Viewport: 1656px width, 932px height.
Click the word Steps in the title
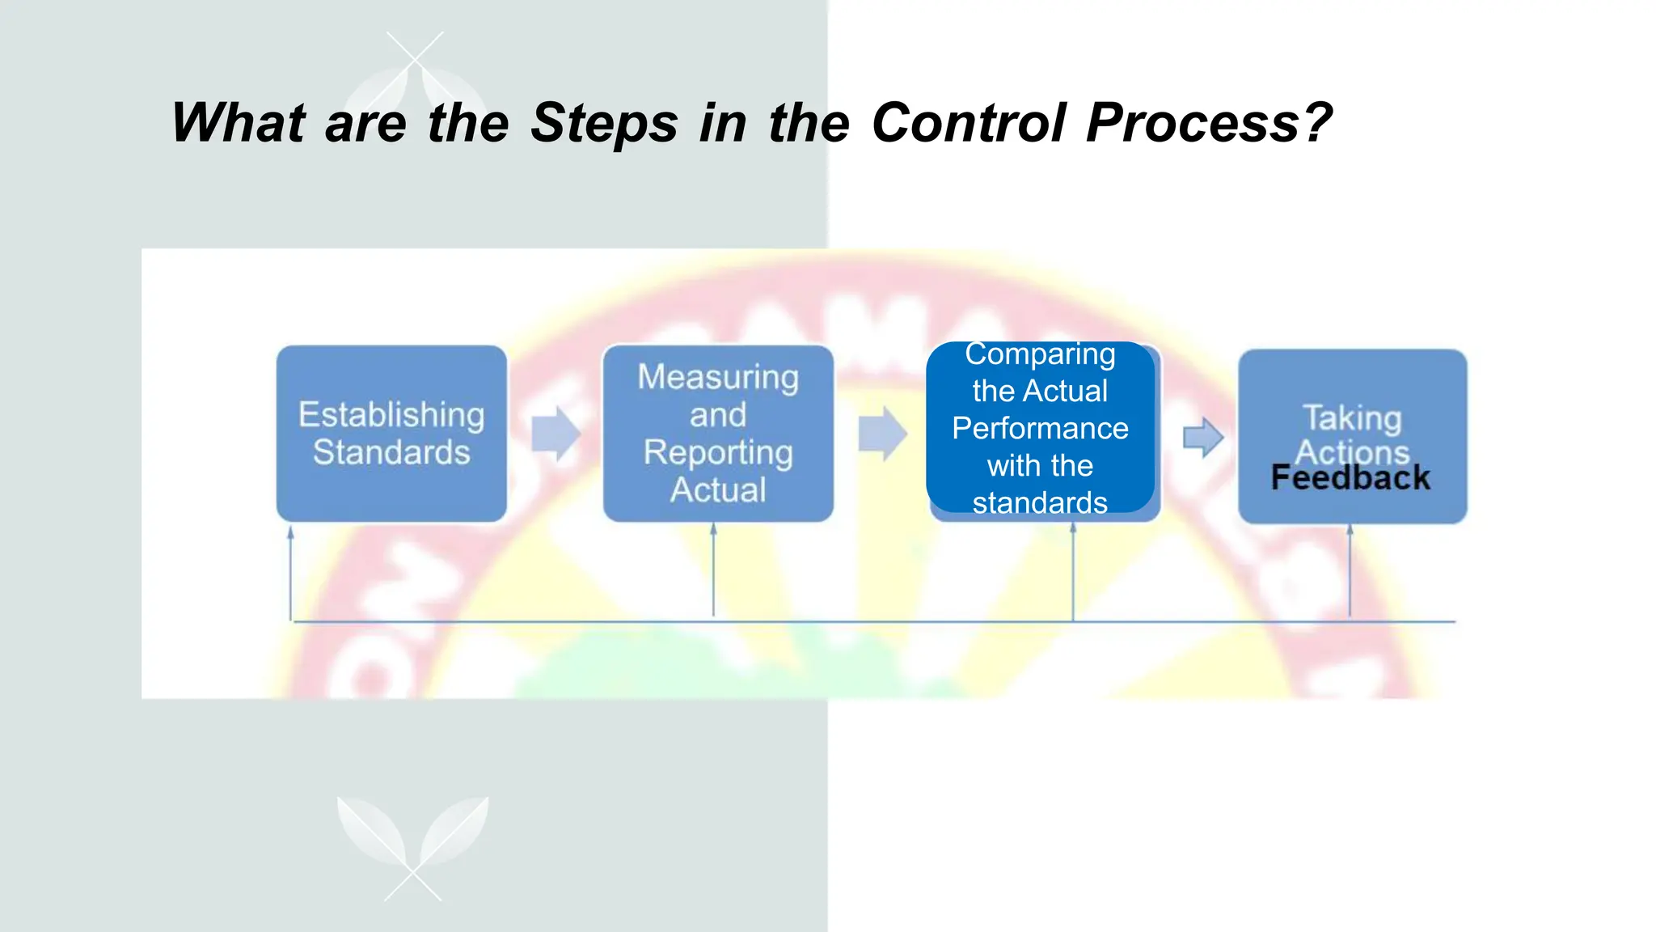(x=603, y=124)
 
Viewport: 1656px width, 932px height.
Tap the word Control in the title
(x=969, y=124)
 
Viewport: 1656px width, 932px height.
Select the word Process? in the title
(x=1208, y=124)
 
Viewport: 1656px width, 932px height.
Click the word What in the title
(x=238, y=124)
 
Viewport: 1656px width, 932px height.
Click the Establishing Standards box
(x=391, y=434)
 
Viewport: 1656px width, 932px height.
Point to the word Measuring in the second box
(x=718, y=377)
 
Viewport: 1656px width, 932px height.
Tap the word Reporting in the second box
(x=718, y=452)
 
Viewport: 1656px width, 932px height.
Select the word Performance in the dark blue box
(x=1040, y=428)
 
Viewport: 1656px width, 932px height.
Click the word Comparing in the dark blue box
(x=1040, y=354)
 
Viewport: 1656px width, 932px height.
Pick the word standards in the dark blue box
(x=1040, y=502)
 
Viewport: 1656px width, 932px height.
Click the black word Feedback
(x=1350, y=478)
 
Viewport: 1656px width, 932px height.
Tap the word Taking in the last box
(x=1352, y=417)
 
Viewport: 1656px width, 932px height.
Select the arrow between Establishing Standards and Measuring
(x=556, y=434)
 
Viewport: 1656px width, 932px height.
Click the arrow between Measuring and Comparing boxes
(x=882, y=434)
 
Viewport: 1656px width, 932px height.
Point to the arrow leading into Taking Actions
(x=1202, y=438)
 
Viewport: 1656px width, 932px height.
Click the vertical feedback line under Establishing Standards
(x=291, y=574)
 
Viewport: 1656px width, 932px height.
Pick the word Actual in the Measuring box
(x=718, y=490)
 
